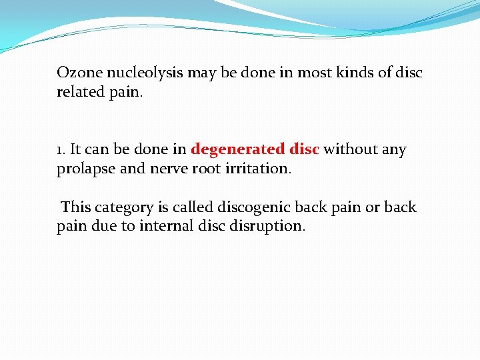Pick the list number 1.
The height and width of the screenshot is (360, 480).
pyautogui.click(x=60, y=150)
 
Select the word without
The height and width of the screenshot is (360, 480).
pyautogui.click(x=351, y=150)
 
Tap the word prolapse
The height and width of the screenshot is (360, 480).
pyautogui.click(x=86, y=169)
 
